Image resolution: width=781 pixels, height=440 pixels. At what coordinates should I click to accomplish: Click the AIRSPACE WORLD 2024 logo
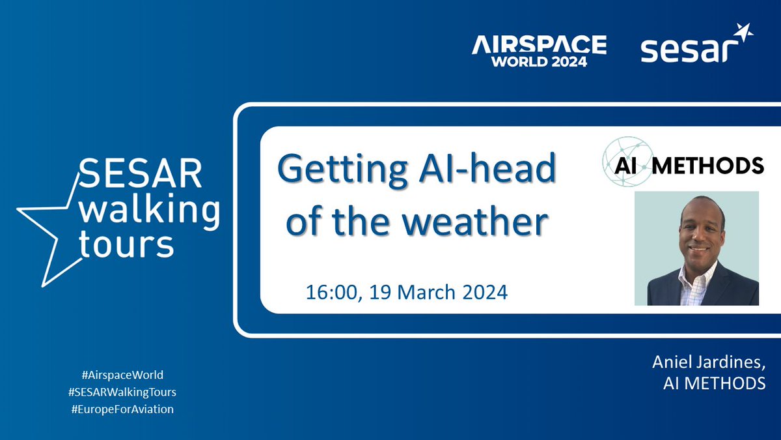coord(539,51)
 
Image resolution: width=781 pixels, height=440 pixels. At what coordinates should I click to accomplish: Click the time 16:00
coord(333,291)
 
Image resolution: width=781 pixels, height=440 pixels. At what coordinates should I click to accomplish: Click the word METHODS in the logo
coord(707,166)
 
